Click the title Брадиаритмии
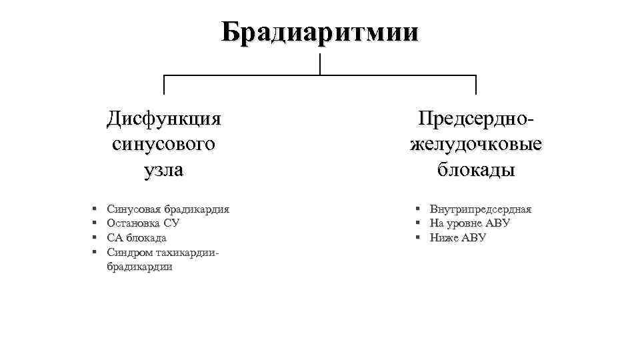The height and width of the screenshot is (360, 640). point(320,31)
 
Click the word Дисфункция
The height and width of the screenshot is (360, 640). point(164,119)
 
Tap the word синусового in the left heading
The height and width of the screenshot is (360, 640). point(164,144)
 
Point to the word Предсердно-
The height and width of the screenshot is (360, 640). point(476,119)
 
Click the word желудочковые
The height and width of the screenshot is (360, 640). point(476,144)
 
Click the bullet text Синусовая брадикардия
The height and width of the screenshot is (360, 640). point(167,209)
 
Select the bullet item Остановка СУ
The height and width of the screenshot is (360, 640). point(143,223)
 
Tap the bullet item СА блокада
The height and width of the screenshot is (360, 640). point(136,238)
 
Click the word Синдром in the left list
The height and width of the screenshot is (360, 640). point(129,253)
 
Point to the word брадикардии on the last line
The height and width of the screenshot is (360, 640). point(139,267)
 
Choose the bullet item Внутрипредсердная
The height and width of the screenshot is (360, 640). point(480,209)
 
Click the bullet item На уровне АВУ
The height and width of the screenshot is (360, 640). point(469,223)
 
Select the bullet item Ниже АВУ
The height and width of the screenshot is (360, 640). point(457,238)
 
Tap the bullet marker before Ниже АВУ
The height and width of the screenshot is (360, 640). point(417,238)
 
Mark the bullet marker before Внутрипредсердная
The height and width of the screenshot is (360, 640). point(417,209)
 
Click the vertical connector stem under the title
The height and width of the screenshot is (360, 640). point(320,65)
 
